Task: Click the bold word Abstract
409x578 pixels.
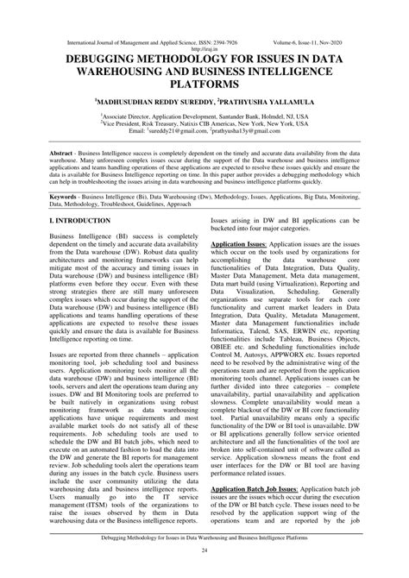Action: point(66,152)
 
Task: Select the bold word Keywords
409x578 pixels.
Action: point(68,197)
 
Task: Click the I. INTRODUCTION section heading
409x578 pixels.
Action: point(80,222)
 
